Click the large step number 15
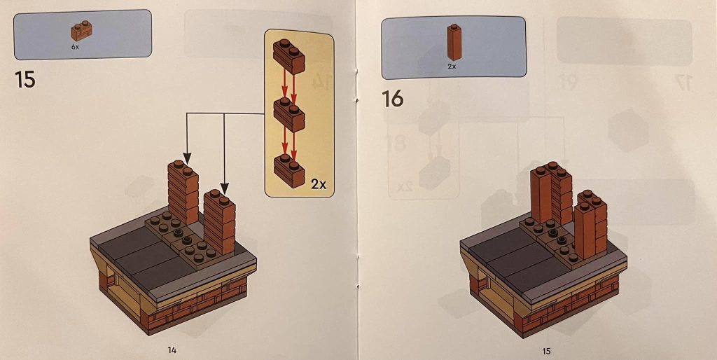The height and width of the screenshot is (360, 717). click(25, 78)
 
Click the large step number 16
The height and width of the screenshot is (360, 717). click(393, 99)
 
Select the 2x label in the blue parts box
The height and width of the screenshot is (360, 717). click(452, 67)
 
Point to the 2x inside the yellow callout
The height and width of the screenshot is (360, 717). click(318, 184)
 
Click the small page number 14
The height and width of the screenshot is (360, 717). click(171, 348)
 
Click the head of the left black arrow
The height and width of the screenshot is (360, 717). click(186, 155)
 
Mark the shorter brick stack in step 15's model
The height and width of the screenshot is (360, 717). click(218, 221)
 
